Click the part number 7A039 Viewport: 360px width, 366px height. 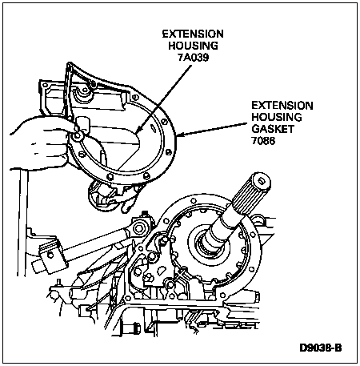tap(193, 57)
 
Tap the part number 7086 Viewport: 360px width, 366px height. tap(263, 140)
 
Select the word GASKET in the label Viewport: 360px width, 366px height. tap(273, 129)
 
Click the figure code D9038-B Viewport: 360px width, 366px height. tap(320, 348)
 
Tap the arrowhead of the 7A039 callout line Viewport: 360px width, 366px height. tap(138, 130)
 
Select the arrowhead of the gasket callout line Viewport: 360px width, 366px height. tap(179, 135)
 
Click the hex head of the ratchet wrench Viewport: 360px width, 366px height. tap(138, 228)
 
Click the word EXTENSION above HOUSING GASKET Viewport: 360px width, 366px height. tap(282, 106)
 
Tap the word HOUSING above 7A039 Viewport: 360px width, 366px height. tap(193, 46)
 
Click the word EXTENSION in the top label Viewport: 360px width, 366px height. tap(193, 34)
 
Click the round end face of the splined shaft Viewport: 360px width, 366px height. tap(262, 181)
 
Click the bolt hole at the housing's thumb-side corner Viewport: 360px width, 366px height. tap(78, 136)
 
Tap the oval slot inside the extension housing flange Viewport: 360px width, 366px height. tap(153, 127)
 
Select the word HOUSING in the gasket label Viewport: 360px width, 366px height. tap(277, 117)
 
